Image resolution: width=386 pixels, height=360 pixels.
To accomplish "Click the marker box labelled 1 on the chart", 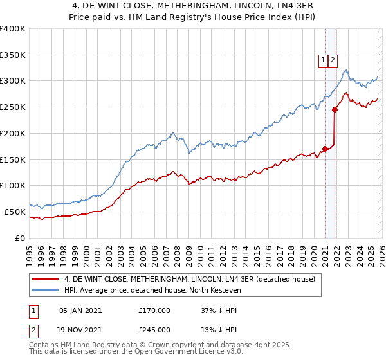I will pos(323,60).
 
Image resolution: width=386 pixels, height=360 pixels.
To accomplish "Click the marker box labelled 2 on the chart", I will pos(333,60).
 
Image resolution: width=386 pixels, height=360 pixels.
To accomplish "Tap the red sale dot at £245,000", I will pos(335,109).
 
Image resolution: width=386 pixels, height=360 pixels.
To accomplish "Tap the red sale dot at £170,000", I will pos(325,148).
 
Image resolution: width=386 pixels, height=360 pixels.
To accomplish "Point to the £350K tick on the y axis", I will pos(13,55).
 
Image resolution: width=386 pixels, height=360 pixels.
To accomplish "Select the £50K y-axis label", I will pos(15,212).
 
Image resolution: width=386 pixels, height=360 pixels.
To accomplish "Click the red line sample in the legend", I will pos(46,279).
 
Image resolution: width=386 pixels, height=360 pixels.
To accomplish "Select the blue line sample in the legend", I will pos(46,290).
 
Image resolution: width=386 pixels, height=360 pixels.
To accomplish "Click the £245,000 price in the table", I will pos(154,329).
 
